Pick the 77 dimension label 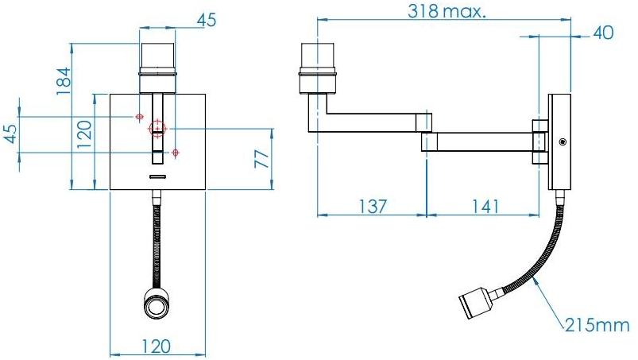pos(261,158)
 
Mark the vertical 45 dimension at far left pos(10,134)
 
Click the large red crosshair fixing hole pos(157,128)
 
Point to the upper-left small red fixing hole pos(140,117)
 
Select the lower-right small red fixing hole pos(176,152)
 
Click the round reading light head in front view pos(156,304)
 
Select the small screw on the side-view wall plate pos(562,141)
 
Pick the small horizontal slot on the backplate pos(157,175)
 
